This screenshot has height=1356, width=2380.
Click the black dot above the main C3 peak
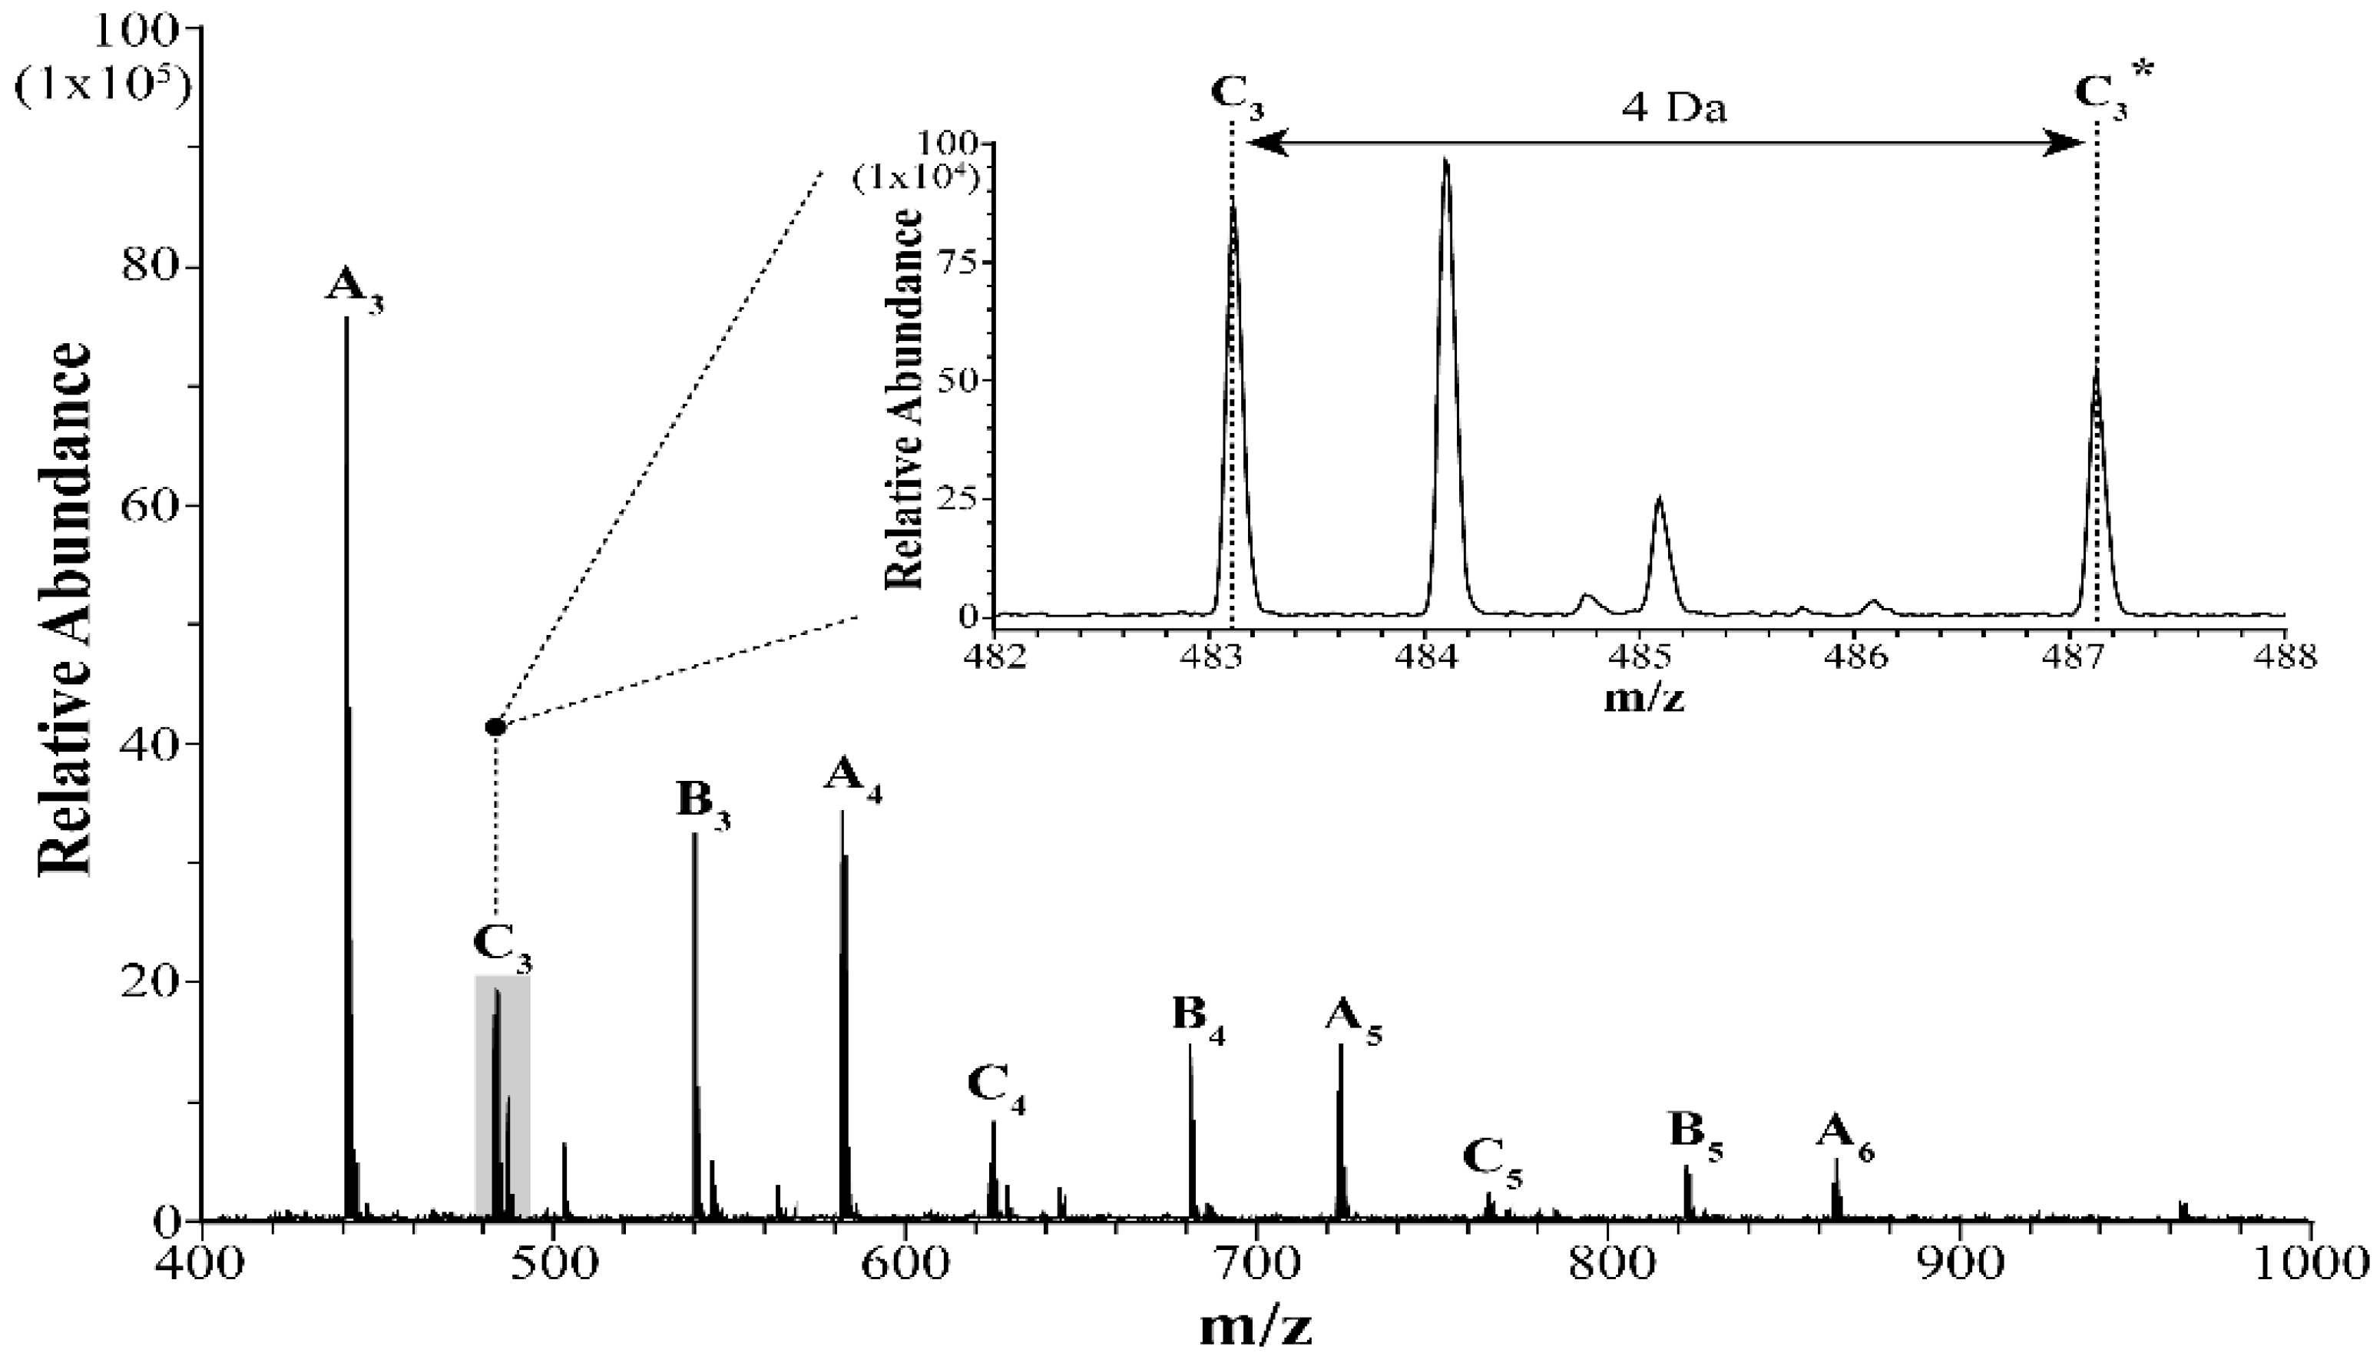point(495,726)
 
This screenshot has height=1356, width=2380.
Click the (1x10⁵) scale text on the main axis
point(104,84)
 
